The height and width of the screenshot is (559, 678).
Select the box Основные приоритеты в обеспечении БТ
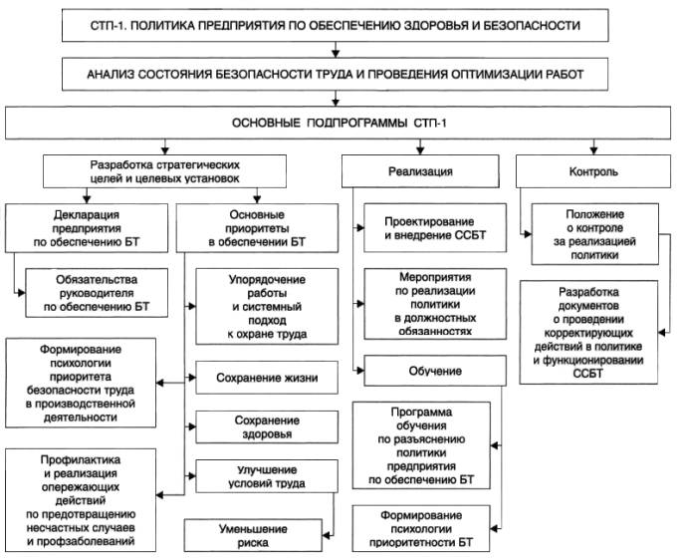coord(251,228)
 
